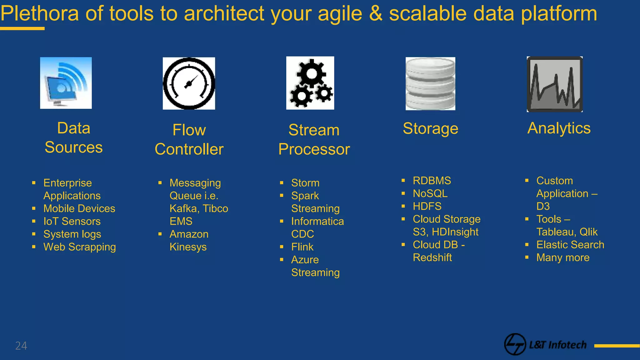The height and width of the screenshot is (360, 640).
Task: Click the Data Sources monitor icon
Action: pos(66,83)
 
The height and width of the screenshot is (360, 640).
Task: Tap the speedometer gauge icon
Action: pos(189,83)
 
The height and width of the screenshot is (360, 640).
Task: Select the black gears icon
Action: pos(310,83)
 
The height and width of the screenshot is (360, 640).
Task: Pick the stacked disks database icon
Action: pos(430,83)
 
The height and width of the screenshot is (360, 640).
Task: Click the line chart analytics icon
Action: pos(555,84)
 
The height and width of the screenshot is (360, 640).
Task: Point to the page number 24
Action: pos(21,346)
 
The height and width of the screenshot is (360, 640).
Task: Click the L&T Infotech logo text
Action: pos(557,345)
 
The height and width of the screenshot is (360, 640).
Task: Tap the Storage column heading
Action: pos(430,128)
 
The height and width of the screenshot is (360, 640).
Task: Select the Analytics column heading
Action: pos(559,128)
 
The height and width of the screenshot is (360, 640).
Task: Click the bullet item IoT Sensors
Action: pos(72,221)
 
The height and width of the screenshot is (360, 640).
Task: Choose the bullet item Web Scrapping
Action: pos(79,247)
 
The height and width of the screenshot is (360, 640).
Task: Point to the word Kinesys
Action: pos(188,247)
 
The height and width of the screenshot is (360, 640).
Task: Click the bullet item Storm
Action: pos(305,183)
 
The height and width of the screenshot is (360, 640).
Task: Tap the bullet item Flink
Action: pos(302,247)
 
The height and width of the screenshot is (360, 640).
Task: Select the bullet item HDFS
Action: pos(427,206)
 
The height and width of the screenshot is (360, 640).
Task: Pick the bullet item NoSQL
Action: pos(430,193)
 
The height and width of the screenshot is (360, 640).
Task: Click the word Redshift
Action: pos(432,257)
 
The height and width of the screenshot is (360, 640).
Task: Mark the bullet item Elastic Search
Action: pos(570,245)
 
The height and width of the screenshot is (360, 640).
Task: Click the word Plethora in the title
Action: pos(40,13)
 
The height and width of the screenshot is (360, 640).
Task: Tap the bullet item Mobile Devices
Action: pos(79,208)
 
